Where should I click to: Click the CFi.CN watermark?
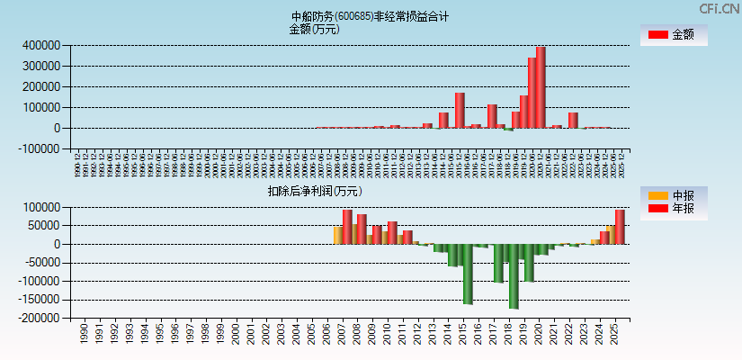click(720, 8)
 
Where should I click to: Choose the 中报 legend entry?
click(673, 195)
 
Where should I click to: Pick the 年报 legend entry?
click(673, 209)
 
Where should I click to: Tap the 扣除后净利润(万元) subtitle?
click(315, 191)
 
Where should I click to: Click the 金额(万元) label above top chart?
click(314, 29)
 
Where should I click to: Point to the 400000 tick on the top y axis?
click(41, 45)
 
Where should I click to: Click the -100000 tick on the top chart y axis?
click(40, 148)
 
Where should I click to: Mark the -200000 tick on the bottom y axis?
click(40, 318)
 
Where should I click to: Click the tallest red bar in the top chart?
click(541, 87)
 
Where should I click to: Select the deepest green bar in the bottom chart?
click(514, 276)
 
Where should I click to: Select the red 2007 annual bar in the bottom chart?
click(347, 227)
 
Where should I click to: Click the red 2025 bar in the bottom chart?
click(620, 227)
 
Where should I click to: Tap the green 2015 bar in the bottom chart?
click(468, 274)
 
